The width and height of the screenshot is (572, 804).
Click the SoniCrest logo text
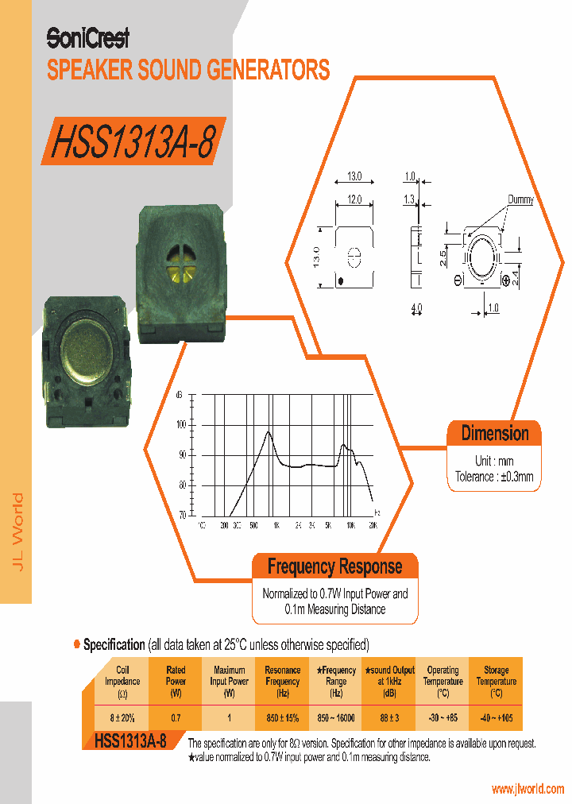pyautogui.click(x=87, y=37)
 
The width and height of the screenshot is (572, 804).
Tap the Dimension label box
pyautogui.click(x=494, y=434)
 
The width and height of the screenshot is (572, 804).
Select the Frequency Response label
pyautogui.click(x=334, y=567)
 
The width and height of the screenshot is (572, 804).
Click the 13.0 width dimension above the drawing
pyautogui.click(x=354, y=176)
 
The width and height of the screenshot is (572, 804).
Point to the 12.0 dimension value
pyautogui.click(x=354, y=200)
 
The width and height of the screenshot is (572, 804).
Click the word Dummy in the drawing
pyautogui.click(x=520, y=200)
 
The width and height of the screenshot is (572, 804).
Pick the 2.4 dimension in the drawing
pyautogui.click(x=515, y=278)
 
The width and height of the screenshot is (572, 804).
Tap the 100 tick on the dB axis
pyautogui.click(x=181, y=425)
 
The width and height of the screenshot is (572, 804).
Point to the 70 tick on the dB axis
pyautogui.click(x=182, y=515)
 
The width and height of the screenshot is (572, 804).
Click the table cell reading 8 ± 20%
pyautogui.click(x=122, y=717)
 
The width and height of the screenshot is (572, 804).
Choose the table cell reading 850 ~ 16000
pyautogui.click(x=335, y=717)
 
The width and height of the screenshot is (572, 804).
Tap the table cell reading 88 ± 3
pyautogui.click(x=388, y=717)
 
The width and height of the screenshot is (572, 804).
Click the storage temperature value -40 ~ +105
pyautogui.click(x=496, y=717)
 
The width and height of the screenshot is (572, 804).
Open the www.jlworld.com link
pyautogui.click(x=528, y=789)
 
